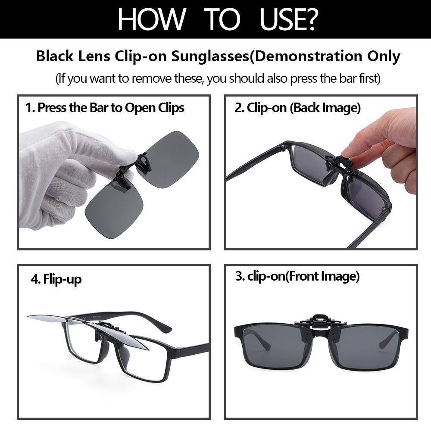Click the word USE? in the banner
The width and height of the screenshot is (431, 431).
pos(289,19)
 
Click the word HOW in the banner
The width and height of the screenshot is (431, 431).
pos(152,19)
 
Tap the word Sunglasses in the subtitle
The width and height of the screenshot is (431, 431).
pos(210,56)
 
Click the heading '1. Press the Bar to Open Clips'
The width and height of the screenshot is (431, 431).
pos(105,108)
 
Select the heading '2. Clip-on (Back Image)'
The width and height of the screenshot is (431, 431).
pos(298,108)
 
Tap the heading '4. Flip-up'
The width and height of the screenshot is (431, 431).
pos(56,280)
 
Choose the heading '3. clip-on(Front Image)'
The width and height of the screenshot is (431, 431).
pos(297,277)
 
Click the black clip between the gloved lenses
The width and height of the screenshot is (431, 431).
pos(134,170)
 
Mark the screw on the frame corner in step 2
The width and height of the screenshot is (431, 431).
pos(384,209)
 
